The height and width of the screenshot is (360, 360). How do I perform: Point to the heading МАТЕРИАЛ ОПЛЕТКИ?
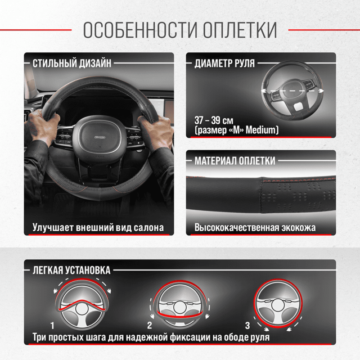coord(235,161)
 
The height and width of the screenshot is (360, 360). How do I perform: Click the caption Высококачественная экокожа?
coord(255,228)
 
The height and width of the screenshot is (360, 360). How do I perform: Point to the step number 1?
coord(52,325)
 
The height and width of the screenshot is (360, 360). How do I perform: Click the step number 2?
coord(150,325)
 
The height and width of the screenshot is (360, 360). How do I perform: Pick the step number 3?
coord(247,325)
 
